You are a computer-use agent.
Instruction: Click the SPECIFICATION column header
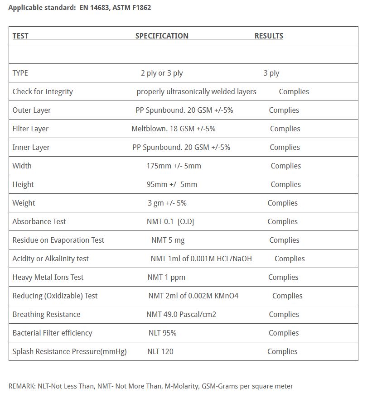(162, 36)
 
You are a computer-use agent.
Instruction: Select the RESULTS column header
(269, 36)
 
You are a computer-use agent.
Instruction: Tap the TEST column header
(20, 36)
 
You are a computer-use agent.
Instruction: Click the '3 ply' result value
(271, 73)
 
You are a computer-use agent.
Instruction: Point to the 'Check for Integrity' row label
(43, 91)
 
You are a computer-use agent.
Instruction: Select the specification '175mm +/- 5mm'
(174, 166)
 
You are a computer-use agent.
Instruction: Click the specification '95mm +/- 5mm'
(172, 184)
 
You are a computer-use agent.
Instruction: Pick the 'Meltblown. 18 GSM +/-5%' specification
(173, 129)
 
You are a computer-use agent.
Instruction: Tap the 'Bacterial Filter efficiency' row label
(52, 333)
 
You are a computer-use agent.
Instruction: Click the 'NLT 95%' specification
(162, 333)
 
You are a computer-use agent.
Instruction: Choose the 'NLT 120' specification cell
(160, 351)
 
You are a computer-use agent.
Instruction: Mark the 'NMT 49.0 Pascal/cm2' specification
(181, 314)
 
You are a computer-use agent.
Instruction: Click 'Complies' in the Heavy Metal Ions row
(283, 277)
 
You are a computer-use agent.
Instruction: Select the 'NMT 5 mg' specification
(168, 240)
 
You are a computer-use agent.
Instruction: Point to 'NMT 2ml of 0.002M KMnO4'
(193, 296)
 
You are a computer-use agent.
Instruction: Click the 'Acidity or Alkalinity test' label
(50, 259)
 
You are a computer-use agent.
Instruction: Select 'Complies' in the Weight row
(282, 203)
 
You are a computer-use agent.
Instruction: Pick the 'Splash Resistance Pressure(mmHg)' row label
(69, 351)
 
